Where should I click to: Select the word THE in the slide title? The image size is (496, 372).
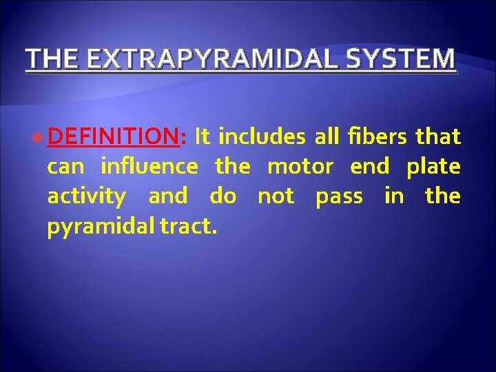click(x=50, y=59)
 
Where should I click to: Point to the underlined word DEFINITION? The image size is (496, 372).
click(x=114, y=137)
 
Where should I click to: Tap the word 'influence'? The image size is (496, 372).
click(x=149, y=167)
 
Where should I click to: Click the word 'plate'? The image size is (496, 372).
click(x=433, y=167)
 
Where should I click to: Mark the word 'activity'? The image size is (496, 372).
click(x=86, y=196)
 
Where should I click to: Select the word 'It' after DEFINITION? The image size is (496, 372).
click(x=203, y=137)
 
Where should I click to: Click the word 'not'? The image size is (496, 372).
click(x=276, y=196)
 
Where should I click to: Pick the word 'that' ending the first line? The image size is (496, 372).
click(x=438, y=137)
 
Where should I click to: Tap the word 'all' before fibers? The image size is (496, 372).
click(x=327, y=137)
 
